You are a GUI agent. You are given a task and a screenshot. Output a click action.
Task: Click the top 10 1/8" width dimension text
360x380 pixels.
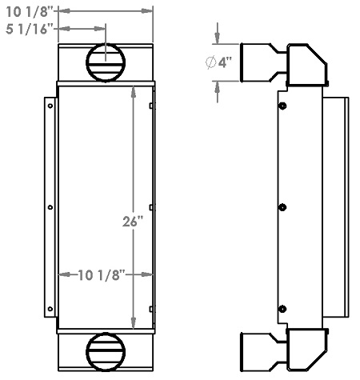(28, 11)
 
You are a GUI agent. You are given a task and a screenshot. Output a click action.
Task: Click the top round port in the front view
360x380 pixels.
(105, 61)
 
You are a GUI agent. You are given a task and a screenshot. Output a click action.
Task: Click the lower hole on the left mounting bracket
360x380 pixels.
(49, 309)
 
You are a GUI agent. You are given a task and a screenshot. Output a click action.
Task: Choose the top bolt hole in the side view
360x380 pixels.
(282, 103)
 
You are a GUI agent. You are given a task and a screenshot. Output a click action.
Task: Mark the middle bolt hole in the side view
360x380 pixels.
(282, 206)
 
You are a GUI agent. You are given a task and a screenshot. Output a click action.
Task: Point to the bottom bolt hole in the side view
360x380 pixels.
(282, 308)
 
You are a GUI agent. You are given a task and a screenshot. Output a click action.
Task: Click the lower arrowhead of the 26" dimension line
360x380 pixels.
(133, 325)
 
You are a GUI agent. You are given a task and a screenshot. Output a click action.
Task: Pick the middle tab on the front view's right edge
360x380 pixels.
(152, 206)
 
